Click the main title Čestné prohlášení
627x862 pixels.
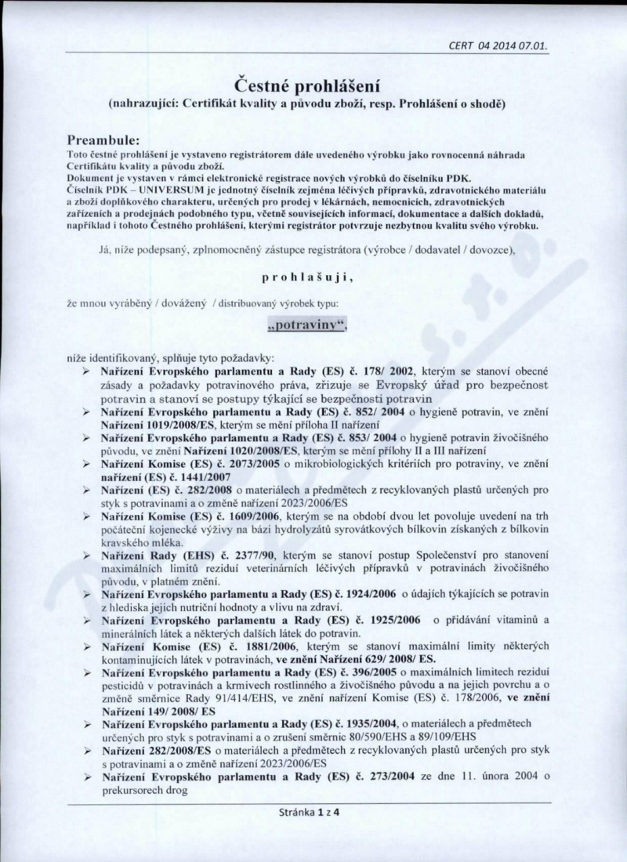[313, 85]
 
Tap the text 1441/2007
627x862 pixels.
[179, 476]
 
